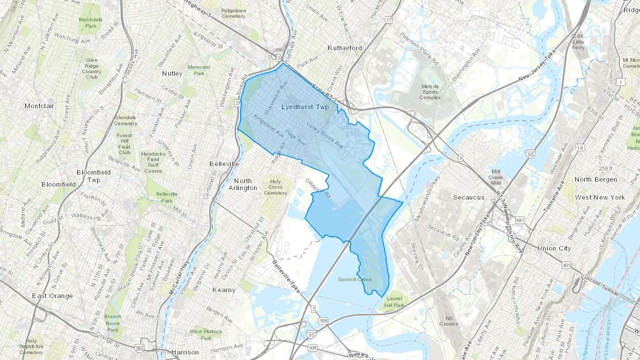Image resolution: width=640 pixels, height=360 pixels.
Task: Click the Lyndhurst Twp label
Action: [x=305, y=107]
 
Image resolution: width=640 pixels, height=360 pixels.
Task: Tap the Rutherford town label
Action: [x=345, y=48]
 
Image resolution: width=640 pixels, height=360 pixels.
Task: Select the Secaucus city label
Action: [x=468, y=198]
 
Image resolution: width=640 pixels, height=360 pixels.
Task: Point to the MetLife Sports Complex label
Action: [x=430, y=92]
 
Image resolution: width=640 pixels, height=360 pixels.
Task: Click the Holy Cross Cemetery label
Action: [x=275, y=187]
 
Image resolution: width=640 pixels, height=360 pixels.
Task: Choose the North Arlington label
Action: [x=243, y=184]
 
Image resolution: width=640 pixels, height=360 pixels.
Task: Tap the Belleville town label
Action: [x=224, y=164]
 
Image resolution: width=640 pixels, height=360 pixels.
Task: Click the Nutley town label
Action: [x=172, y=74]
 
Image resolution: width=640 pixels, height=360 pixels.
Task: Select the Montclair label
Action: [x=39, y=106]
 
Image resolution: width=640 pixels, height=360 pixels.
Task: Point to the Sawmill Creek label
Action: [x=354, y=279]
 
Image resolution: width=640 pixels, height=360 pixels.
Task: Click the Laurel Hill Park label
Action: [x=394, y=302]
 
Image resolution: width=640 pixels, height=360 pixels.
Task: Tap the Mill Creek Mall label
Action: [x=496, y=177]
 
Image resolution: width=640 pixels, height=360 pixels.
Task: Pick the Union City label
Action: [x=554, y=248]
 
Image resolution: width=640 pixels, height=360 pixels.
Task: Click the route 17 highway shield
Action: [x=389, y=20]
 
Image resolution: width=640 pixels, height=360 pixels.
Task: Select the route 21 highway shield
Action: [x=238, y=103]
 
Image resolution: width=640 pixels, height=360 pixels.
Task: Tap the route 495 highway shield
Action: [x=566, y=265]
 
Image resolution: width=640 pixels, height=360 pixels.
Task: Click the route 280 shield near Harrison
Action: [x=139, y=349]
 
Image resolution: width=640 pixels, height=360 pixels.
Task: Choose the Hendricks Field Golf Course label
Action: [x=153, y=162]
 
